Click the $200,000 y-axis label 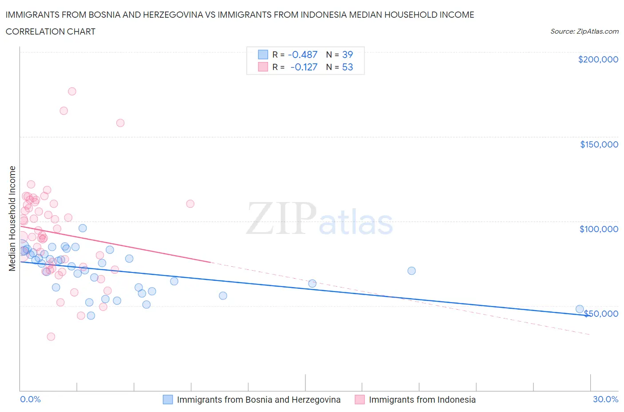point(598,59)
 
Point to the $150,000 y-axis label point(599,144)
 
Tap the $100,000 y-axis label point(598,229)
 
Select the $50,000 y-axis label point(600,314)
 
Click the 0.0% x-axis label point(30,399)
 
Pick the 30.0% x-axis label point(605,399)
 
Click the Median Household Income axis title point(12,218)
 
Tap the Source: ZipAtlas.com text point(584,31)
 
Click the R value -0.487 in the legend point(303,54)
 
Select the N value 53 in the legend point(348,67)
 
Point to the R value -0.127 point(304,67)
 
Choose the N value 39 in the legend point(348,54)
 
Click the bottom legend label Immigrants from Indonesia point(422,400)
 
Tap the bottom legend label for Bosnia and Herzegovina point(258,400)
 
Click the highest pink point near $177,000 point(72,91)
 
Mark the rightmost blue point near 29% point(580,309)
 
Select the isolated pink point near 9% point(190,204)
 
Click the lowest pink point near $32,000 point(51,337)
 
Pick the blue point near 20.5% point(411,271)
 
